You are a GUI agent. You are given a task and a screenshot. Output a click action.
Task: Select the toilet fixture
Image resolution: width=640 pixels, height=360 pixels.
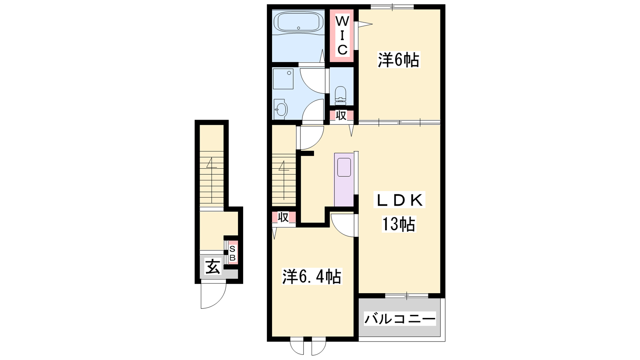(340, 94)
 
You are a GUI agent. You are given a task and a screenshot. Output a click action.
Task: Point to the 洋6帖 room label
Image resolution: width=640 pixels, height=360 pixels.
(398, 60)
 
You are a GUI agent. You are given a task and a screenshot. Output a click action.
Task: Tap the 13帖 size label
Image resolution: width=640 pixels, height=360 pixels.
(399, 224)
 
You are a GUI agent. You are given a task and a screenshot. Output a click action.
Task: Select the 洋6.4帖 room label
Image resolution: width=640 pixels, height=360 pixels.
(312, 276)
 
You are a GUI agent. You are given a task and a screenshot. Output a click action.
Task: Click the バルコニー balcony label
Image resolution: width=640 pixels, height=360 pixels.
(400, 318)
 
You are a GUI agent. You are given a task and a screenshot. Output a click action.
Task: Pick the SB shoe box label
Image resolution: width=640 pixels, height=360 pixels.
(232, 253)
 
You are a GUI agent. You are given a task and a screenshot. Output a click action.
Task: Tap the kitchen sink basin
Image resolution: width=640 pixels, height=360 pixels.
(344, 167)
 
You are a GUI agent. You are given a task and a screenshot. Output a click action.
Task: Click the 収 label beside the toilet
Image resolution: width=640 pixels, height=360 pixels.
(341, 116)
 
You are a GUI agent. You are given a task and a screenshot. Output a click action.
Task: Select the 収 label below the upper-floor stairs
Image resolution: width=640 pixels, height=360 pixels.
(283, 218)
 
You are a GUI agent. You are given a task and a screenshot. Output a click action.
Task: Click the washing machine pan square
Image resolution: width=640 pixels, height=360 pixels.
(283, 79)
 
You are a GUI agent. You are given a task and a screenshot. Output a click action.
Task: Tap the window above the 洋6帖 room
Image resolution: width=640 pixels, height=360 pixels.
(392, 6)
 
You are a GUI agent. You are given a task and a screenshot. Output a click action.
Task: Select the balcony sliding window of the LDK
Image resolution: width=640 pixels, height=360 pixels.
(406, 296)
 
